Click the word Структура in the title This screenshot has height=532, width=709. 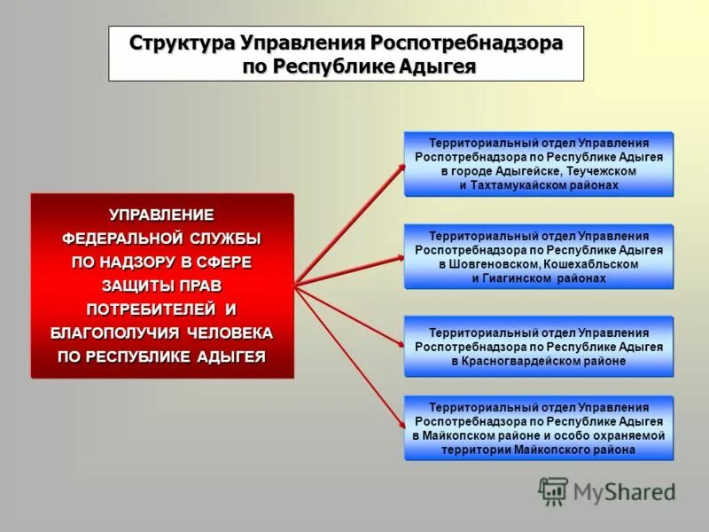[180, 43]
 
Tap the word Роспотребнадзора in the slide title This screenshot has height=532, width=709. [466, 43]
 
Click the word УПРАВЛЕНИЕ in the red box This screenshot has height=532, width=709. [161, 215]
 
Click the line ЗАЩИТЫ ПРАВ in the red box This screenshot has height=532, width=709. [161, 286]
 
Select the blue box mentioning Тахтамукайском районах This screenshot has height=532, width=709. [539, 164]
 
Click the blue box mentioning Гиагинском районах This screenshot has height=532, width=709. [539, 257]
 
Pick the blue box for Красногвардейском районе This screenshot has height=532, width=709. [539, 347]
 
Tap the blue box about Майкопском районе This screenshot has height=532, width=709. [539, 428]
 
